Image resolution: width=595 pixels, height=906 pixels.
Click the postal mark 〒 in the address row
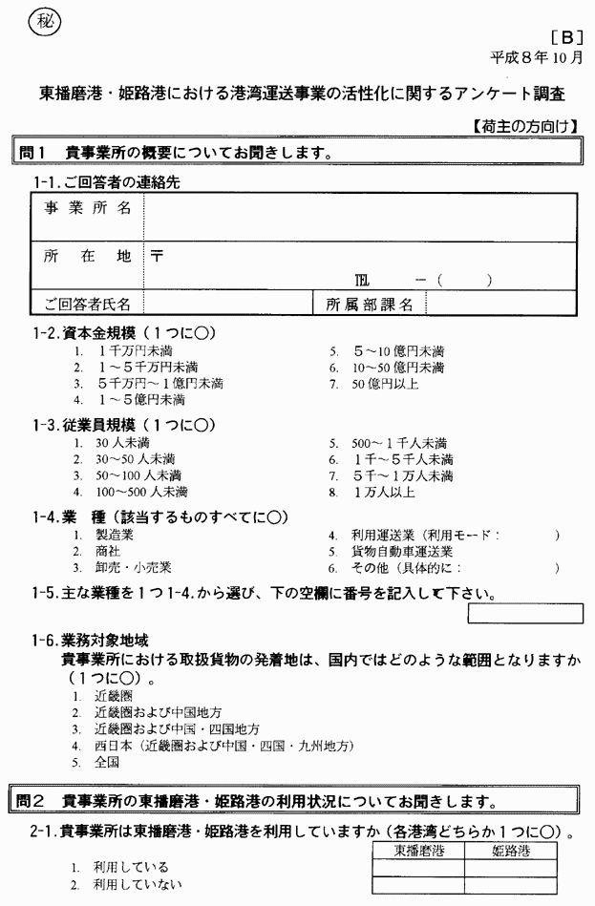(x=157, y=256)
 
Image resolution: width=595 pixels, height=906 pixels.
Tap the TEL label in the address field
(x=362, y=281)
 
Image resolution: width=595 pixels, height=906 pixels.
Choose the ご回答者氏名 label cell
(x=88, y=305)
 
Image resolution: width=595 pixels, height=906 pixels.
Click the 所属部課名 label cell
(x=370, y=305)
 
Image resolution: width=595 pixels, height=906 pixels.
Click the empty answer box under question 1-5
(x=524, y=613)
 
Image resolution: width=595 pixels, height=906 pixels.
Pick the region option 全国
(x=106, y=762)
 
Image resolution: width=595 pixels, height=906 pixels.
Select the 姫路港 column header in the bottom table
(x=511, y=850)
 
